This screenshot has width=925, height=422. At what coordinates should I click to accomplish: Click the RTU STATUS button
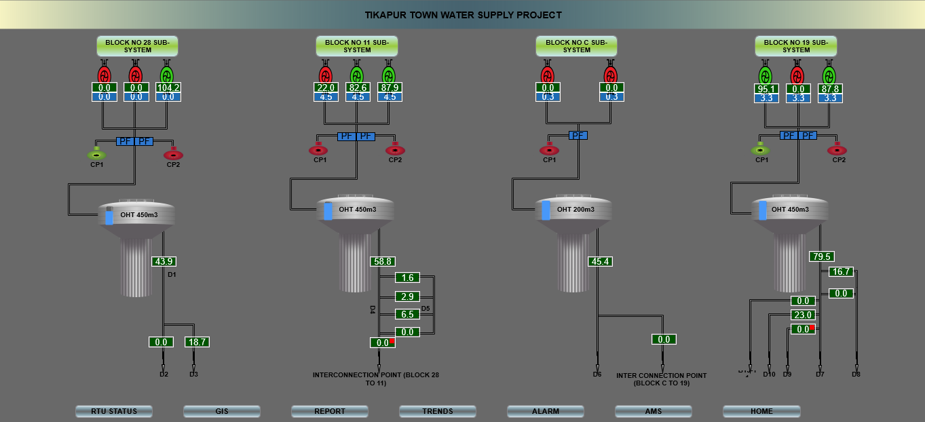[114, 411]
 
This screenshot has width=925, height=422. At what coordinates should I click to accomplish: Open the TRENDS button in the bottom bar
[437, 411]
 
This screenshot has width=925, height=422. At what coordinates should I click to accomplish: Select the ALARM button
[545, 411]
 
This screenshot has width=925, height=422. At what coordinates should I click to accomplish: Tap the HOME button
[761, 411]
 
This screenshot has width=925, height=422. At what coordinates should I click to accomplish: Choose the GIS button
[221, 411]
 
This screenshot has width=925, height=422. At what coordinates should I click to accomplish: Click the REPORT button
[329, 411]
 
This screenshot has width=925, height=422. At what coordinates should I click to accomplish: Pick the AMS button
[653, 411]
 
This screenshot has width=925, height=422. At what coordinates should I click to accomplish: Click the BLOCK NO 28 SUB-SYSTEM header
[137, 46]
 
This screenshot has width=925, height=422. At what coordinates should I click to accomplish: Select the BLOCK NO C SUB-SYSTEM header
[576, 46]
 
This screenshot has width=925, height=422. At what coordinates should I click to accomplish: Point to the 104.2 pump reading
[168, 88]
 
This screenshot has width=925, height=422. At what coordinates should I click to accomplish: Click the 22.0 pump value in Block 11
[326, 88]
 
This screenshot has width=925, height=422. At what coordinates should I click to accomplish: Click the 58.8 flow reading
[383, 261]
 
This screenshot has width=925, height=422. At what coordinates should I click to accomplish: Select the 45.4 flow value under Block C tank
[601, 261]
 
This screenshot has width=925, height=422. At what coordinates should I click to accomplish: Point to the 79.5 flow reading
[821, 256]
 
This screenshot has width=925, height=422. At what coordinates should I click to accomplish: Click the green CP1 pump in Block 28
[96, 153]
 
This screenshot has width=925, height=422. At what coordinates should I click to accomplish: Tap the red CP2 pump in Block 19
[837, 149]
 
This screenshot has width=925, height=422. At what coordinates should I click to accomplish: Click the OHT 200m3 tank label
[575, 210]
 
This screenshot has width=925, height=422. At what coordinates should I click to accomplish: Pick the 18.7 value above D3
[197, 342]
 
